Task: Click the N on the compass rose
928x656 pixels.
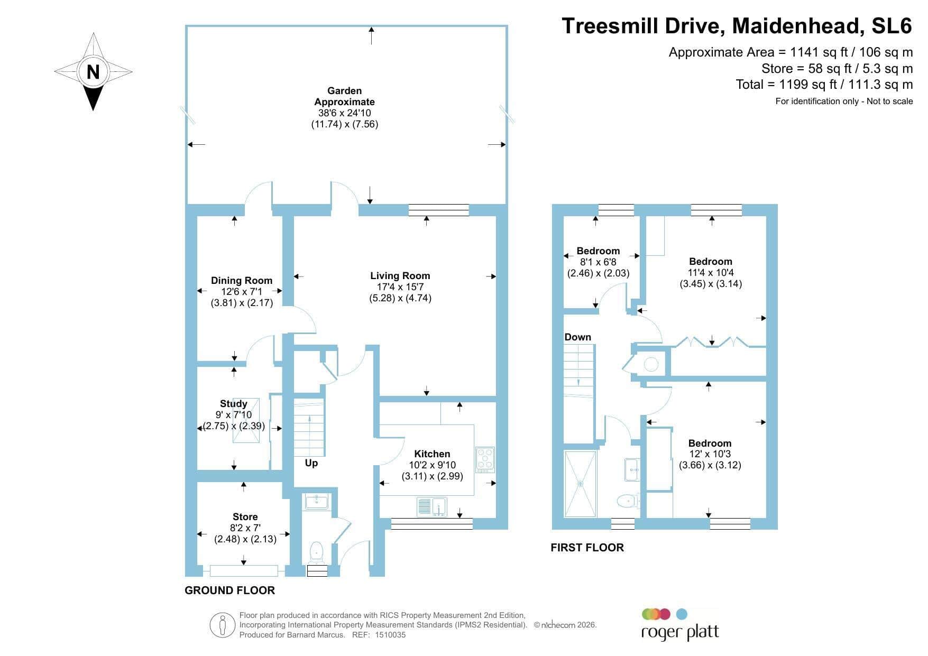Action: click(x=93, y=71)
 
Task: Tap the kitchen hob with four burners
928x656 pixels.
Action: click(x=485, y=460)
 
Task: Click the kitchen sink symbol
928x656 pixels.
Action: click(x=432, y=507)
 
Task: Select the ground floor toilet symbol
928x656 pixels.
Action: click(x=316, y=551)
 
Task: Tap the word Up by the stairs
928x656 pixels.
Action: click(x=311, y=463)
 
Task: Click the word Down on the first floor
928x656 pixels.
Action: click(x=577, y=337)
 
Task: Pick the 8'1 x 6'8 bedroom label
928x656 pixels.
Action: click(x=598, y=262)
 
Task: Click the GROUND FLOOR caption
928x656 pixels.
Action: click(x=229, y=590)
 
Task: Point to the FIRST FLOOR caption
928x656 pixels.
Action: click(x=587, y=548)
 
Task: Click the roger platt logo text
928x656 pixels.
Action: click(x=680, y=632)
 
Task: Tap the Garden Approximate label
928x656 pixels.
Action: click(x=344, y=96)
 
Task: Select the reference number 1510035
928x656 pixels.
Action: click(x=390, y=635)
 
